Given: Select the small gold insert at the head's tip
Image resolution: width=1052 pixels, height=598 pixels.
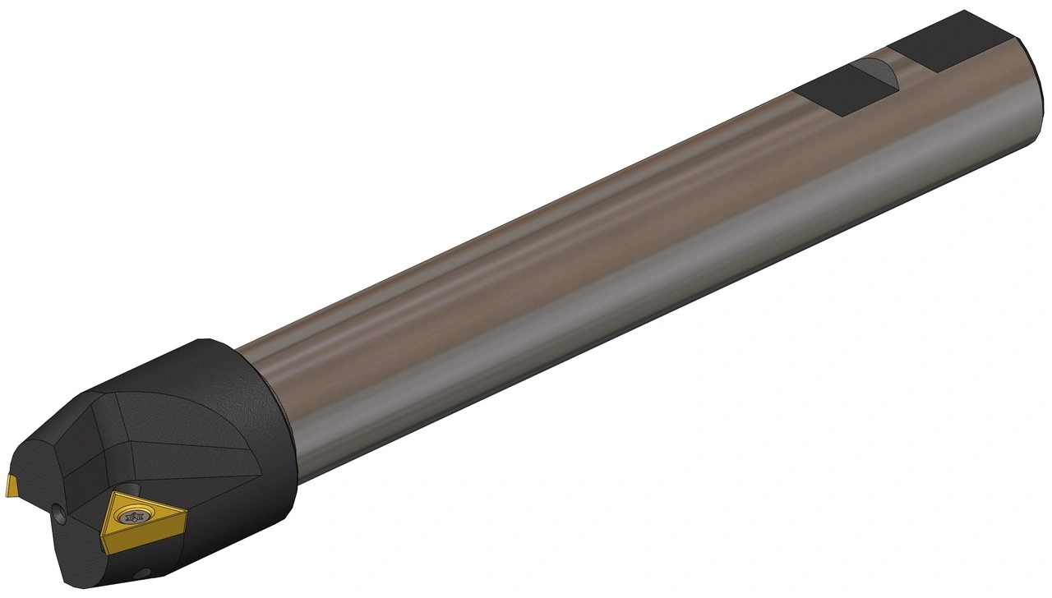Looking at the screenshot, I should [x=12, y=486].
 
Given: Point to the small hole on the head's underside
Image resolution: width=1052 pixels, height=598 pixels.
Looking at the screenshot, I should [x=145, y=572].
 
